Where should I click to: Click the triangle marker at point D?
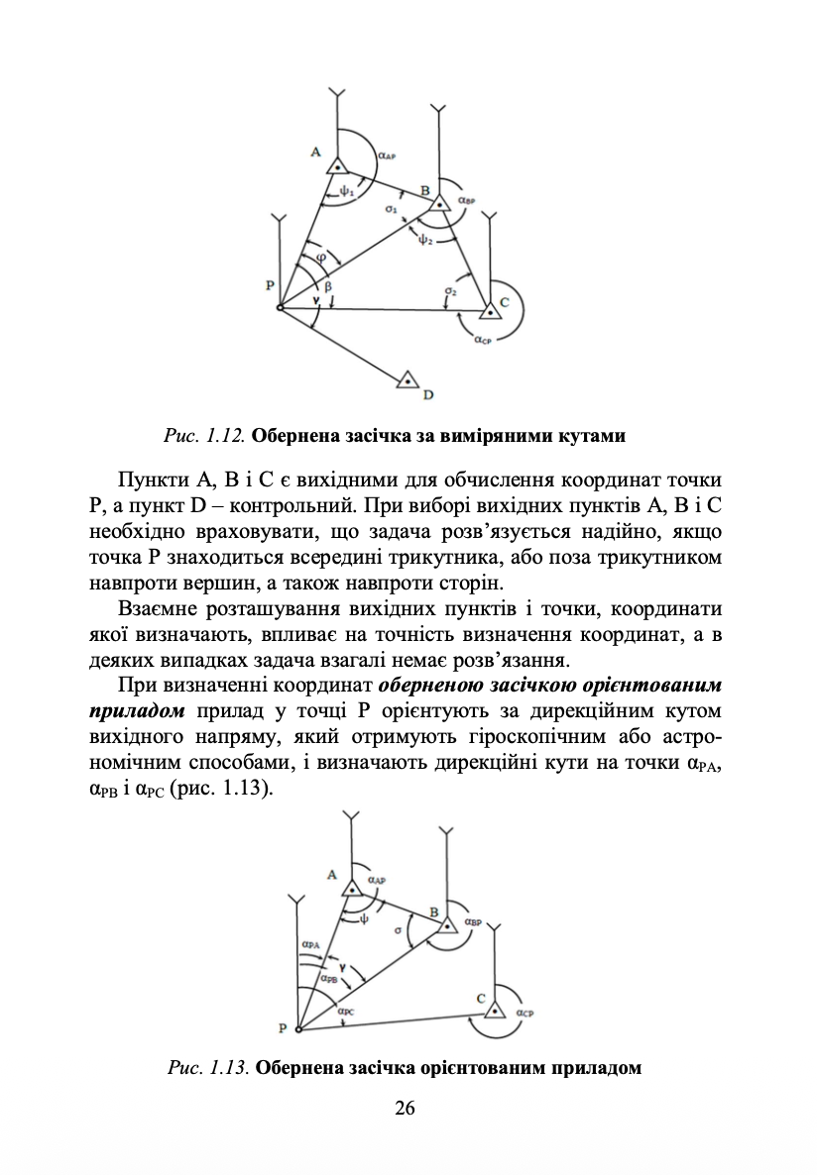click(407, 380)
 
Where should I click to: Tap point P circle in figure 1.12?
click(280, 309)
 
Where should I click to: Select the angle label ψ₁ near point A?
click(346, 187)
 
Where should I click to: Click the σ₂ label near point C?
click(450, 292)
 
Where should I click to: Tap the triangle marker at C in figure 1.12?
click(488, 311)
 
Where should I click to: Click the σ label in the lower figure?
click(397, 930)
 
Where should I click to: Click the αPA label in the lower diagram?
click(310, 945)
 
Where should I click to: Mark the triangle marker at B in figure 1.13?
click(448, 924)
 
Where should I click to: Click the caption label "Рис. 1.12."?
click(206, 435)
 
